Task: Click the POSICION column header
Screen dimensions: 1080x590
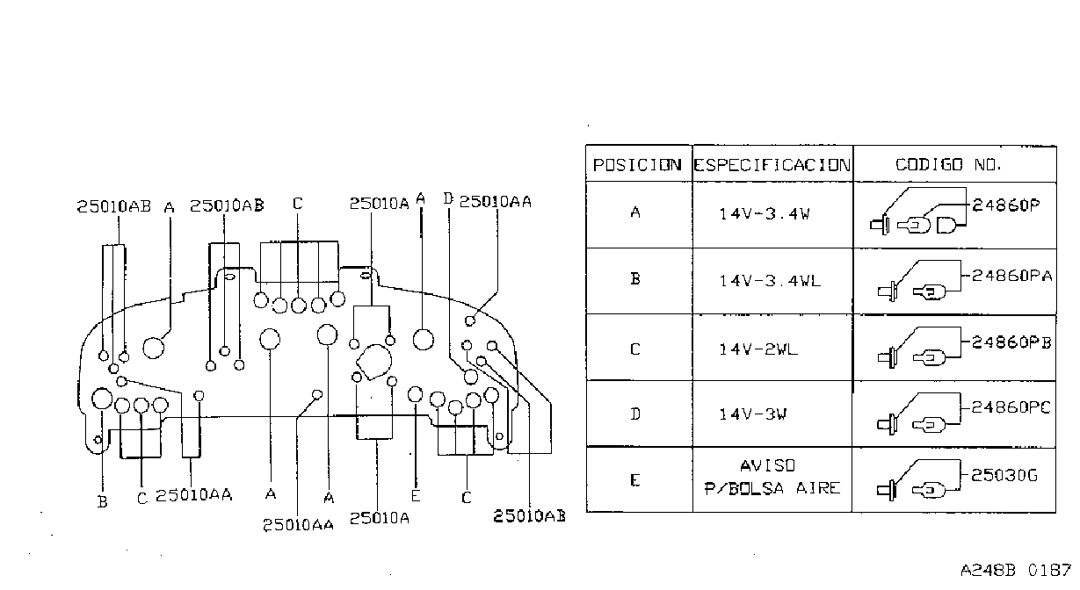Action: (x=637, y=165)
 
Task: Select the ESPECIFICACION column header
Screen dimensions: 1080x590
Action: (x=772, y=165)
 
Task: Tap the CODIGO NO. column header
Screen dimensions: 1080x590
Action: (x=948, y=165)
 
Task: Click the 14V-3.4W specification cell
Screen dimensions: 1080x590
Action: (x=765, y=213)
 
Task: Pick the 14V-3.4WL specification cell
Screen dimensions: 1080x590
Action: (x=770, y=280)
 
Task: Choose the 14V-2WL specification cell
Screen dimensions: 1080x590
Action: (x=758, y=349)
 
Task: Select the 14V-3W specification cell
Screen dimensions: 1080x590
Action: (x=752, y=414)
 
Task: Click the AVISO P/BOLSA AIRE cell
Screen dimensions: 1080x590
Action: (x=772, y=477)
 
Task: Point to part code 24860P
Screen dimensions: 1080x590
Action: (x=1006, y=205)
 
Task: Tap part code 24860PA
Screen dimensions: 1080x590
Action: (x=1011, y=276)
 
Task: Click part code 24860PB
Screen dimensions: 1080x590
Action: (x=1011, y=342)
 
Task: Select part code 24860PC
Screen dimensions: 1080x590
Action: (x=1011, y=407)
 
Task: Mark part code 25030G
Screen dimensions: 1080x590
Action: (x=1004, y=475)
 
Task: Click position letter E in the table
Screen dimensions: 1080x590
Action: (x=635, y=480)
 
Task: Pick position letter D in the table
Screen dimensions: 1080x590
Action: (x=635, y=414)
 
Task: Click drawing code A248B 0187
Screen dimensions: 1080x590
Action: (x=1015, y=571)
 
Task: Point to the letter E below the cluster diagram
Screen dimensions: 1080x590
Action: (x=416, y=495)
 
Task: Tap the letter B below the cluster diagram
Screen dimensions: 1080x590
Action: (x=102, y=502)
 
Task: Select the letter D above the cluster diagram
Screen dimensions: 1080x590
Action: (x=448, y=198)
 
